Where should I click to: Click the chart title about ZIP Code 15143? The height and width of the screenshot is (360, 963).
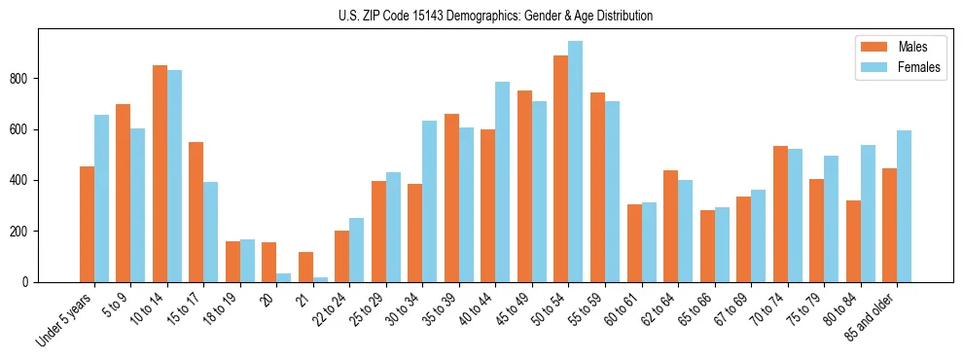(x=481, y=16)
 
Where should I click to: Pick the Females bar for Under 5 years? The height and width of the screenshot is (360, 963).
(x=101, y=198)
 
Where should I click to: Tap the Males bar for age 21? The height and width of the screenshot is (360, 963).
(x=305, y=267)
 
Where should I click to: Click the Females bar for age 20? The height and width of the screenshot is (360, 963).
(x=283, y=277)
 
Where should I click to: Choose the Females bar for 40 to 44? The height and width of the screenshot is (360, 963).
(x=503, y=182)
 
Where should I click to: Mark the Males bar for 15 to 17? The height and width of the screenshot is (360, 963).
(x=196, y=212)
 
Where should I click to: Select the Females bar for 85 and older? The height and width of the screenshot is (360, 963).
(x=904, y=206)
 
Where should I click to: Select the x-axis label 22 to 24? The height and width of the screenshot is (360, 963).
(x=329, y=309)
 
